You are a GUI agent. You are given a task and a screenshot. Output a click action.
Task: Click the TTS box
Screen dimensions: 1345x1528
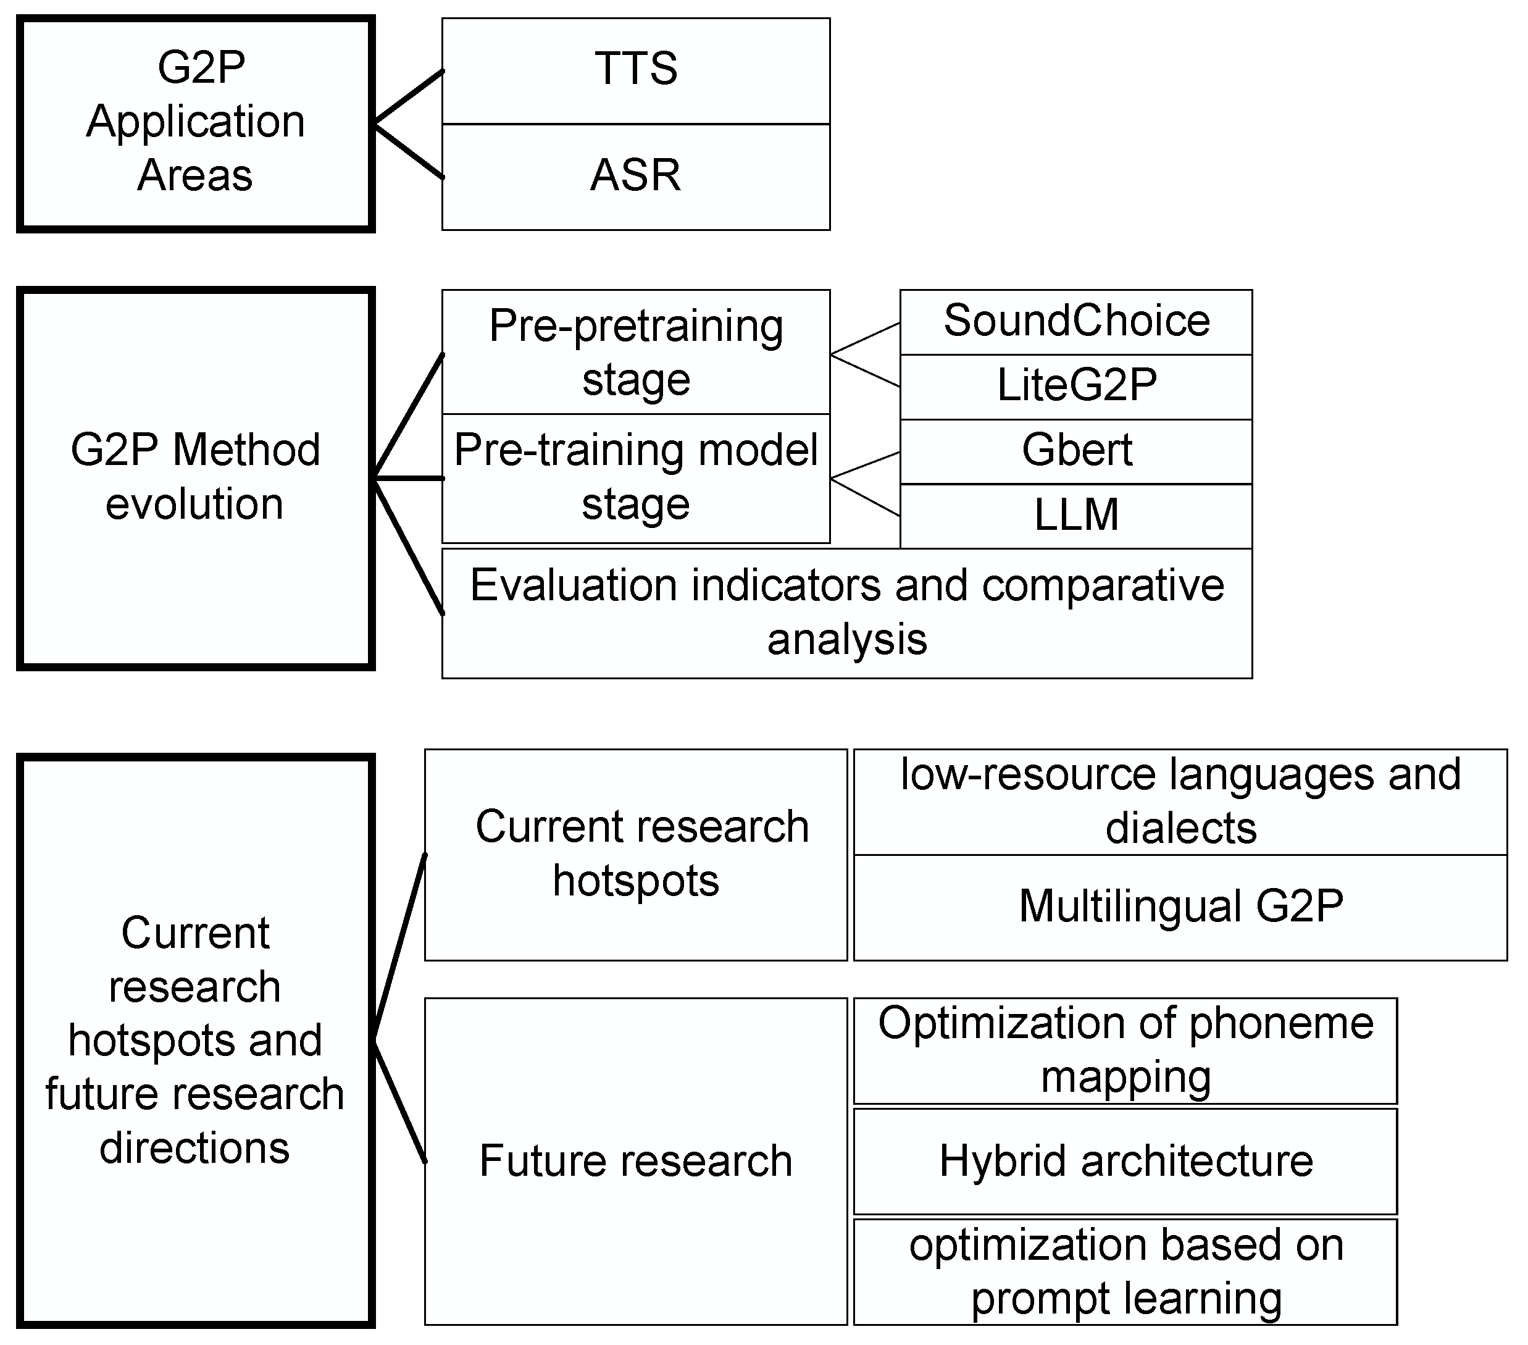click(x=635, y=70)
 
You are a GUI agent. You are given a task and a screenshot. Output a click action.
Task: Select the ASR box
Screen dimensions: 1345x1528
click(x=635, y=177)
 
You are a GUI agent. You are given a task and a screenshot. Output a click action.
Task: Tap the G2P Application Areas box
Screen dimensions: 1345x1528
click(x=195, y=124)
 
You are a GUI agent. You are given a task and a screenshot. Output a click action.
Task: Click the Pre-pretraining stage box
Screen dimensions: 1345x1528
click(x=635, y=351)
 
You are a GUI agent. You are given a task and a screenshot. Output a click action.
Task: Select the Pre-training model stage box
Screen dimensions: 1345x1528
click(x=635, y=478)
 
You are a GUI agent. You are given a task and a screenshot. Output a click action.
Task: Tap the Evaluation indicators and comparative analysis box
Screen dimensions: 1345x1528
click(x=846, y=613)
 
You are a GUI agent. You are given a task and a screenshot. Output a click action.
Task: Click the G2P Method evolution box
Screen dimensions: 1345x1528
click(x=195, y=478)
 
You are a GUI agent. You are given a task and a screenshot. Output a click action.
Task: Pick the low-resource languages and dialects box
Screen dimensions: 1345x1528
click(x=1180, y=802)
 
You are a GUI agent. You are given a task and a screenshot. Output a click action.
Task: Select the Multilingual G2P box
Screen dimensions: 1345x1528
click(x=1180, y=907)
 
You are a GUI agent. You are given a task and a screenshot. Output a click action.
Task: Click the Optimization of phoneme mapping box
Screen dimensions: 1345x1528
click(x=1125, y=1050)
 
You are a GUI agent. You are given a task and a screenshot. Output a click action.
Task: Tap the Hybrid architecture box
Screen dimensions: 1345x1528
click(x=1125, y=1160)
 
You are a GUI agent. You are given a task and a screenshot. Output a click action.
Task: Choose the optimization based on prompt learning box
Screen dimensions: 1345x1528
click(x=1125, y=1272)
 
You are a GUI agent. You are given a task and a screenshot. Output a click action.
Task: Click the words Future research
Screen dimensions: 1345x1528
click(x=635, y=1160)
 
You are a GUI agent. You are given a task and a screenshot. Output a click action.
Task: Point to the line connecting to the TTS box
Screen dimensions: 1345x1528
click(x=409, y=97)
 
